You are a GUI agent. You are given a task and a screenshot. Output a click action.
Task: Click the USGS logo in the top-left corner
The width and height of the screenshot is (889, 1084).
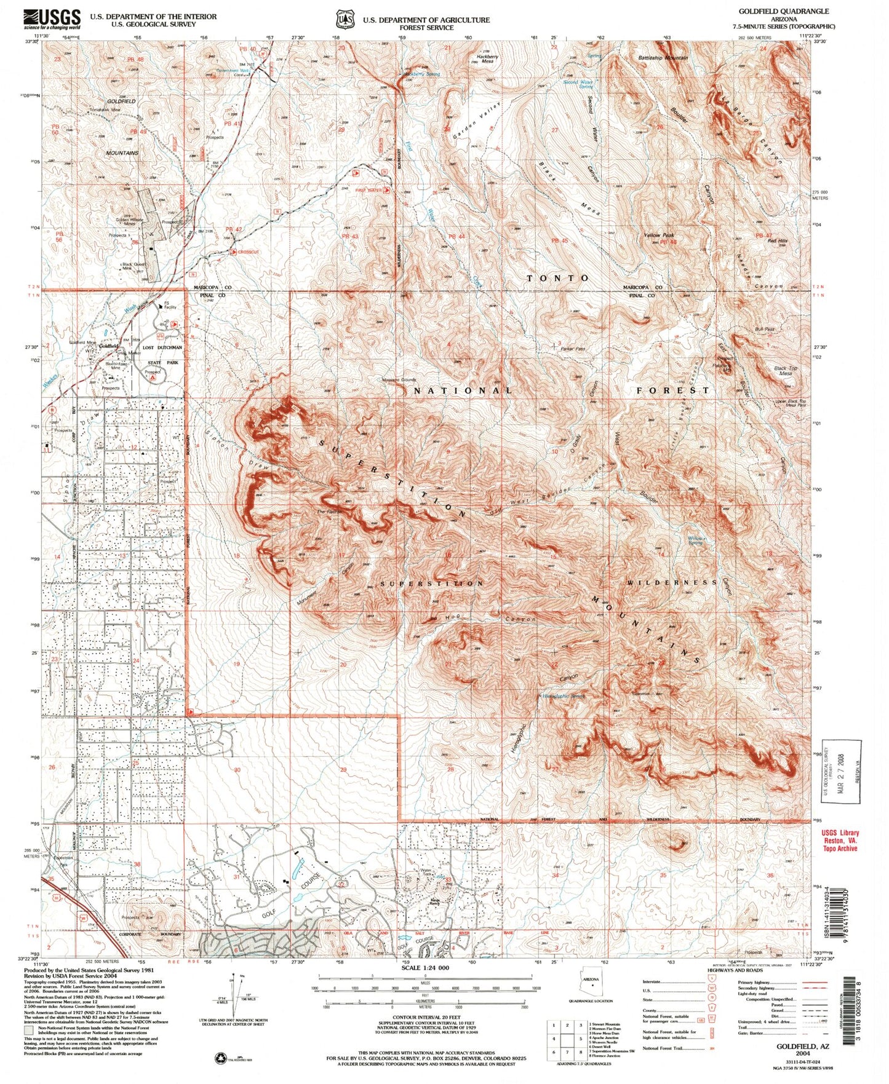52,19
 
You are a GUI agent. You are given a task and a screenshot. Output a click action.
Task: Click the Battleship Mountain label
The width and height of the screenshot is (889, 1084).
663,58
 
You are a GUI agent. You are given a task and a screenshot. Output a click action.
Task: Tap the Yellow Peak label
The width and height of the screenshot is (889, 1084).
659,235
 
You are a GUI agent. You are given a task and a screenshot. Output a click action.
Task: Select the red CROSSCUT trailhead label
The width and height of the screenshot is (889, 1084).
249,251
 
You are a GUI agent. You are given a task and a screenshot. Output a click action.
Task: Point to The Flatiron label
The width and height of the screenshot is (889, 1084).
329,512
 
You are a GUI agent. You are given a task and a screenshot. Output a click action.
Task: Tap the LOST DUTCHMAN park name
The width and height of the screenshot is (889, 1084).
162,347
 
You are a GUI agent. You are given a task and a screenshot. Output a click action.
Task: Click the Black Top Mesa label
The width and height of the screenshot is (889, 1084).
786,371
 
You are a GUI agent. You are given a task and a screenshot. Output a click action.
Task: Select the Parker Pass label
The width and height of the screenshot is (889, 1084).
572,349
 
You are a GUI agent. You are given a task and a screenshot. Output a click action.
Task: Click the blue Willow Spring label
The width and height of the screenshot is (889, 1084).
695,540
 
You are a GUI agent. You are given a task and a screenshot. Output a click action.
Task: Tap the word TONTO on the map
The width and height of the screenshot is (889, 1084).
558,278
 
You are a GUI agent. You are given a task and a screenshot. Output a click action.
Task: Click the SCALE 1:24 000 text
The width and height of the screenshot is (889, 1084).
426,967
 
